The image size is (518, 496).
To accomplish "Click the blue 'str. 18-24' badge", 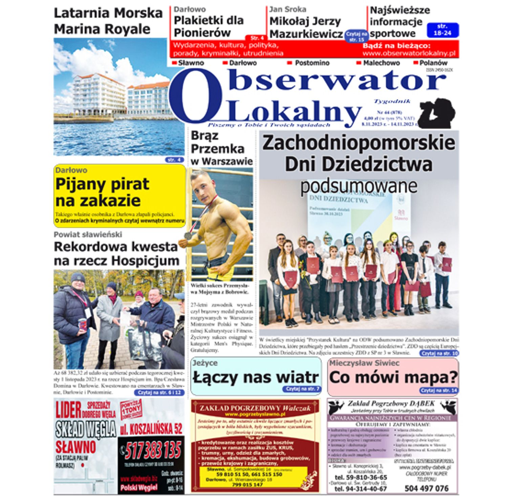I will pos(443,30).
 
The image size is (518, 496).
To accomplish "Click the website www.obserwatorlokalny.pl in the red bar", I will pos(409,53).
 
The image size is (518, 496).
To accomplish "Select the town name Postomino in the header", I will pos(312,63).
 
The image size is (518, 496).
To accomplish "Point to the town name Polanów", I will pos(433,63).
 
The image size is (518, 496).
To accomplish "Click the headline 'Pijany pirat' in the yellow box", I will pos(102,184).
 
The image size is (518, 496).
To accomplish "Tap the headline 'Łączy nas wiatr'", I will pos(256,377).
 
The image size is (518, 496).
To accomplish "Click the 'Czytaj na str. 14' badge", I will pos(439,390).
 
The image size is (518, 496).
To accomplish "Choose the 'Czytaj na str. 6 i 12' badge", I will pos(159,392).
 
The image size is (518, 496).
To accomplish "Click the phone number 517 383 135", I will pos(153,451).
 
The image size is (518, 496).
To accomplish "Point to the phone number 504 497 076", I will pos(426,488).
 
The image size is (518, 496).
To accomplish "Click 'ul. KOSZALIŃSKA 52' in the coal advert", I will pos(151,429).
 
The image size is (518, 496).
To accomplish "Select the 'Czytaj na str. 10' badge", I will pos(439,353).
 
